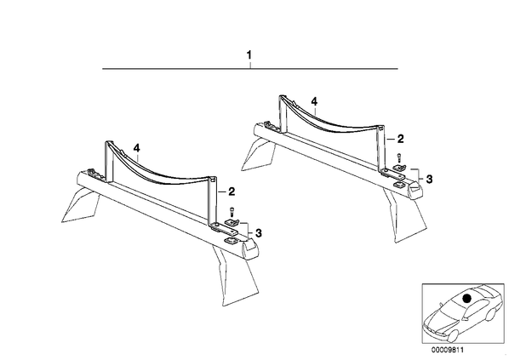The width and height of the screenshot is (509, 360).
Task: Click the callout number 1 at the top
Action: pyautogui.click(x=249, y=55)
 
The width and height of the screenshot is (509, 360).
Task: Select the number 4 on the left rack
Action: pyautogui.click(x=137, y=148)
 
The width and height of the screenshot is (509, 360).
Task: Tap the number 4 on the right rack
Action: pyautogui.click(x=314, y=102)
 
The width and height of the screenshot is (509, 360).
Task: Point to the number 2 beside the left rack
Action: pyautogui.click(x=232, y=191)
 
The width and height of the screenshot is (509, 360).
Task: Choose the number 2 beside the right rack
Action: pyautogui.click(x=401, y=139)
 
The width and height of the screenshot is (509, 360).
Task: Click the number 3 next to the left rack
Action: pyautogui.click(x=259, y=232)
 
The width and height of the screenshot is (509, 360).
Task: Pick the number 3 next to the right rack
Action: pyautogui.click(x=429, y=179)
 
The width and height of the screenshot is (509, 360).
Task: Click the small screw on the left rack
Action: pyautogui.click(x=232, y=211)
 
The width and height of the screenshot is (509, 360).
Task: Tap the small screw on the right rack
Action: pyautogui.click(x=399, y=158)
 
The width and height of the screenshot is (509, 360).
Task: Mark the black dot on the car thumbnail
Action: pyautogui.click(x=467, y=298)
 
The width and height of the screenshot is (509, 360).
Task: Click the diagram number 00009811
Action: pyautogui.click(x=448, y=350)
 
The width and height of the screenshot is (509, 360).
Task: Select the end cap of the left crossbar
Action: pyautogui.click(x=251, y=250)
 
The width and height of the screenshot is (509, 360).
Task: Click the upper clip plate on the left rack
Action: pyautogui.click(x=232, y=222)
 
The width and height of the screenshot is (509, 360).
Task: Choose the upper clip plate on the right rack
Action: pyautogui.click(x=399, y=168)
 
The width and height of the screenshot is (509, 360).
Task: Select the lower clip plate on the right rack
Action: pyautogui.click(x=399, y=185)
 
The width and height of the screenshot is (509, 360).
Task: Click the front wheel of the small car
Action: pyautogui.click(x=452, y=335)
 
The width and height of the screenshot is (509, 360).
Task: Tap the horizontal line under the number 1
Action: pyautogui.click(x=250, y=68)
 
